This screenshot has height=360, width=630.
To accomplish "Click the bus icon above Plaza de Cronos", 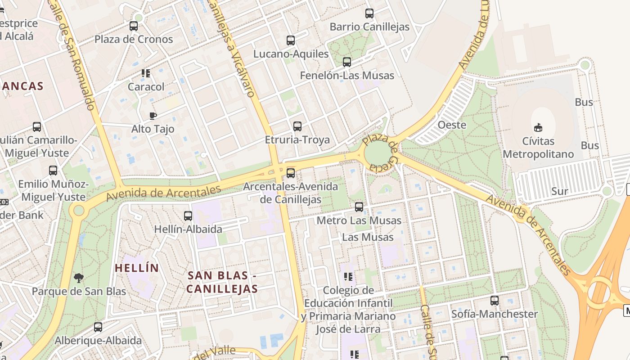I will tap(134, 26).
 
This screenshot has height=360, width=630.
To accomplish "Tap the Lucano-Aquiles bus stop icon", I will tap(291, 40).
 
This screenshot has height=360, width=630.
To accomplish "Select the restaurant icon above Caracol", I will tap(145, 73).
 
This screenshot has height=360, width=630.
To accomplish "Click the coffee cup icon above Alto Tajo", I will tap(153, 116).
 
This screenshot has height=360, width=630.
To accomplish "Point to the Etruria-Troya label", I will tap(297, 139).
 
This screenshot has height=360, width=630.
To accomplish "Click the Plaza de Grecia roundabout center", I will tap(378, 154).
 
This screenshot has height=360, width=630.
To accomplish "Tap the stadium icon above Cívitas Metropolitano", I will tap(538, 127).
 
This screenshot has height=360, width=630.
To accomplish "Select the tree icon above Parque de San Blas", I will tap(79, 278).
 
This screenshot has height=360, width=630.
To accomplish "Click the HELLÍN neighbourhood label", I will tap(137, 268).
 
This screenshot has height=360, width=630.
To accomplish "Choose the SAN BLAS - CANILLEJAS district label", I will tap(222, 282).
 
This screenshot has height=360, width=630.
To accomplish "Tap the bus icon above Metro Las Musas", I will tap(359, 207).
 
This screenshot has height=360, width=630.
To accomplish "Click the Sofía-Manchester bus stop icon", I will tap(495, 301).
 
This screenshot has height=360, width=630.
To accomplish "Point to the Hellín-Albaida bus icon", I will tap(188, 216).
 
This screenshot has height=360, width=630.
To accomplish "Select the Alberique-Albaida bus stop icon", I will tap(98, 327).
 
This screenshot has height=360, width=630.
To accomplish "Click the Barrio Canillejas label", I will tap(369, 27).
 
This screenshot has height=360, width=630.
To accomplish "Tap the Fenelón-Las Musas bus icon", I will tap(347, 62).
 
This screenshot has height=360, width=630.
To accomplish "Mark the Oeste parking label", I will tap(452, 125).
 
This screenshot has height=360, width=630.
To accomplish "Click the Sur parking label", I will tap(560, 191).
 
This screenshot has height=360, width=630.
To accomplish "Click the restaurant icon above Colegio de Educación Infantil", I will tap(348, 276).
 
